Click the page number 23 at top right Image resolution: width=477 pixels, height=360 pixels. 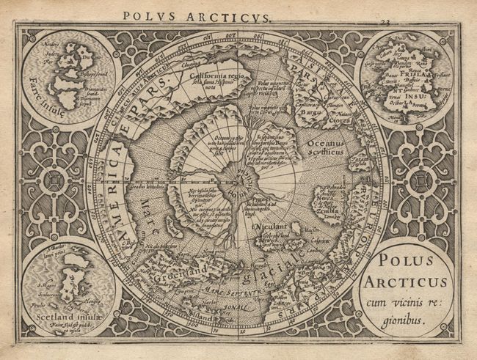click(x=384, y=23)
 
